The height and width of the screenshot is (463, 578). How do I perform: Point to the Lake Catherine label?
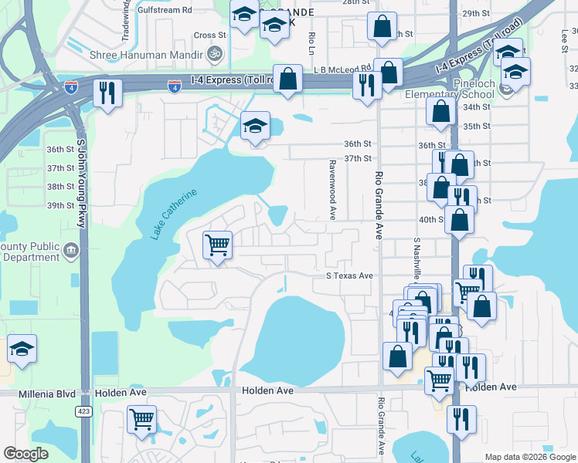pyautogui.click(x=175, y=214)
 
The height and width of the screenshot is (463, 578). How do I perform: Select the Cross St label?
pyautogui.click(x=209, y=35)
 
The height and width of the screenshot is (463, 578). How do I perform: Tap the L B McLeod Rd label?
pyautogui.click(x=342, y=68)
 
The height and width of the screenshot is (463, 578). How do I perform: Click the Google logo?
pyautogui.click(x=26, y=454)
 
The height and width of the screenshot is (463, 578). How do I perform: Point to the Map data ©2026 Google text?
pyautogui.click(x=530, y=457)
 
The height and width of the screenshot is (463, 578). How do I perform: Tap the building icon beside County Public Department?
pyautogui.click(x=71, y=249)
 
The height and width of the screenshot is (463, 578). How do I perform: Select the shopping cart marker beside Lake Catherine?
pyautogui.click(x=217, y=245)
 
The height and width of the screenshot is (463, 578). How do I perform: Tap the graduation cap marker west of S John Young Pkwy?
pyautogui.click(x=22, y=349)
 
